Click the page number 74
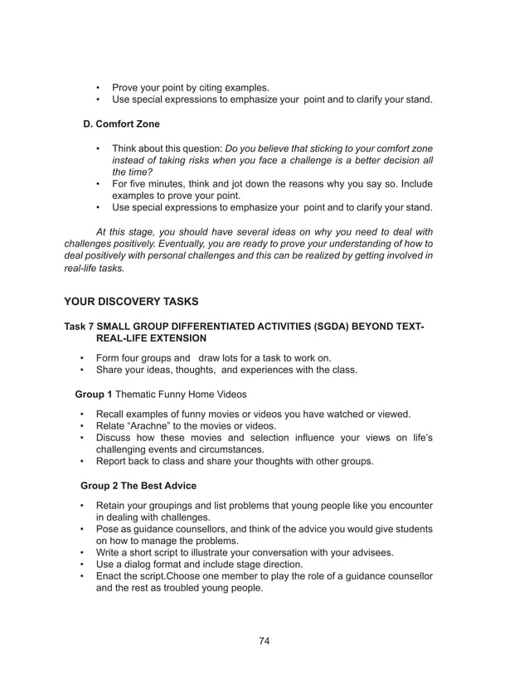click(x=264, y=640)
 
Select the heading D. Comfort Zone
click(x=122, y=124)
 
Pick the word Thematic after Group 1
click(x=148, y=395)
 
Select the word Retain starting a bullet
click(x=114, y=506)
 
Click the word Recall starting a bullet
click(x=114, y=414)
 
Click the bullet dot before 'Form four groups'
click(x=82, y=358)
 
